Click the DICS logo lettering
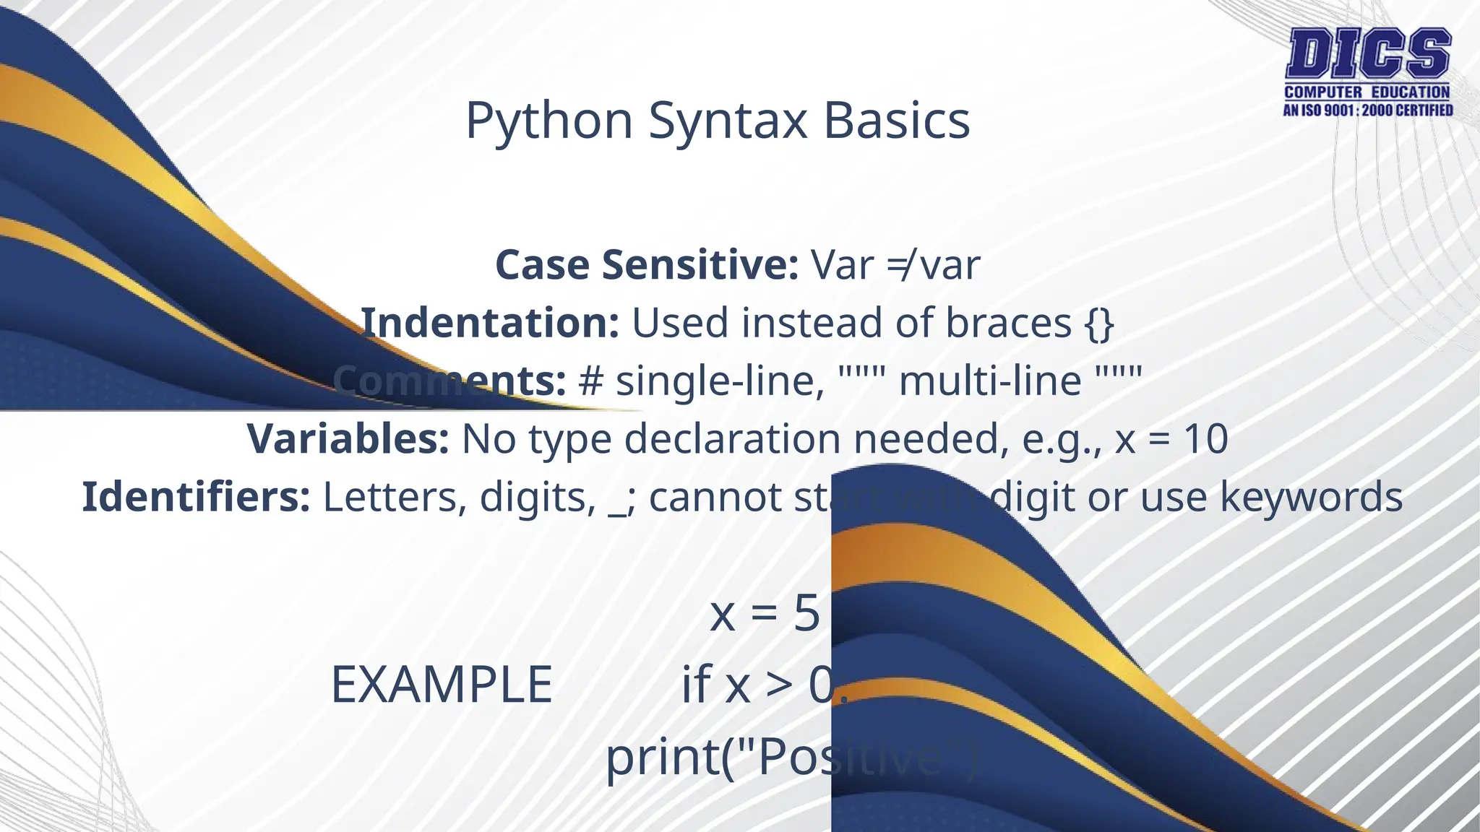[x=1368, y=54]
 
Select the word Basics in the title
[x=896, y=121]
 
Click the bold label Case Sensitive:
[x=646, y=265]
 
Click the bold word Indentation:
[x=490, y=323]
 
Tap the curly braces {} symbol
[x=1099, y=324]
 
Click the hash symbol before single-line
[x=590, y=381]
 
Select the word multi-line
[x=990, y=381]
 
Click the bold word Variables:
[x=348, y=439]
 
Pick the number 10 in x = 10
[x=1205, y=439]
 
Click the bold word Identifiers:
[x=196, y=497]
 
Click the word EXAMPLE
[x=442, y=685]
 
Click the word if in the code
[x=696, y=683]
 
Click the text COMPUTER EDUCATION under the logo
[x=1367, y=92]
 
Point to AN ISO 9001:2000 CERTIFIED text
[x=1367, y=110]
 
